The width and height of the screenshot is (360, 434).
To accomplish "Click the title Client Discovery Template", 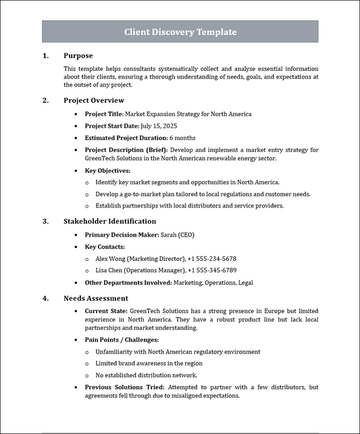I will click(x=180, y=32).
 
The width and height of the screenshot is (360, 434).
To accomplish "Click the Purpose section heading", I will click(x=78, y=55).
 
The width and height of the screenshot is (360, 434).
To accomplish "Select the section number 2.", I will click(x=45, y=101).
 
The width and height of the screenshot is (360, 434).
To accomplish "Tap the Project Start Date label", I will click(x=112, y=126).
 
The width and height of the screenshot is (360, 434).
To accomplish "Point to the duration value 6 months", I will click(x=183, y=138).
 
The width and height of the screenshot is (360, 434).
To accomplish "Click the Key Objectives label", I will click(x=107, y=171).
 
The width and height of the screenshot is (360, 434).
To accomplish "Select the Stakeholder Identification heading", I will click(x=109, y=221).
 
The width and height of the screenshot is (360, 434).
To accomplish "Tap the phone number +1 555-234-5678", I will click(x=212, y=258).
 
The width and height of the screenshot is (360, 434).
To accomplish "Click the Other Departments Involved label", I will click(x=128, y=282).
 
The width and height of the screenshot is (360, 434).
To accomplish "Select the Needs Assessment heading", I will click(x=96, y=298).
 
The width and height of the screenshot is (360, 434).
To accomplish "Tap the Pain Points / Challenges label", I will click(x=122, y=339).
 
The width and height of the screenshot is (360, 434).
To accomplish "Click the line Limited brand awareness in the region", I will click(x=149, y=364).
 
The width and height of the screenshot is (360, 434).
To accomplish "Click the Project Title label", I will click(x=103, y=114).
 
